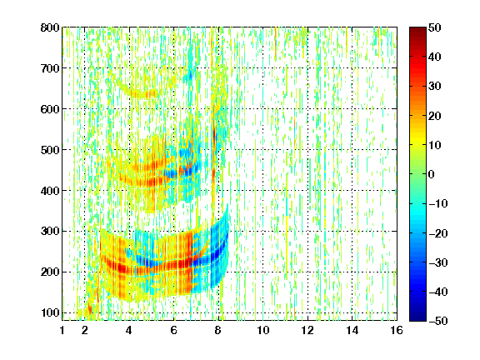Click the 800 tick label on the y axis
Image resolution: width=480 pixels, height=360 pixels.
50,27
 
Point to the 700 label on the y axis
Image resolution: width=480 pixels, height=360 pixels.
50,68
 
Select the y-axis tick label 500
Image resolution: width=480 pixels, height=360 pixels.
50,150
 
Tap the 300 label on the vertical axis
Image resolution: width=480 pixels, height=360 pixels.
50,232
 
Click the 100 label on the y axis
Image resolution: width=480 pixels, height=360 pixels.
50,312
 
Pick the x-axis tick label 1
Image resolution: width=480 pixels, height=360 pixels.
62,330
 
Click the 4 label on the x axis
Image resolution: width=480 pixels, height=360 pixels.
129,330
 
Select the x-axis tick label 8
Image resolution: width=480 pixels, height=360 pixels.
218,330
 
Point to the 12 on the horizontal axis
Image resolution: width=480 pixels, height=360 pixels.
307,330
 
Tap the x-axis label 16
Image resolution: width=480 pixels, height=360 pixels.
397,330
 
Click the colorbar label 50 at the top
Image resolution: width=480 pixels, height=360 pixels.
435,27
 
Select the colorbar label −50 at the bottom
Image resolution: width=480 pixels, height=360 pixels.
438,321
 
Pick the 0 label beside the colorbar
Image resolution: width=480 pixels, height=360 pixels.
432,174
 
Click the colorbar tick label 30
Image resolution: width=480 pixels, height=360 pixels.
435,87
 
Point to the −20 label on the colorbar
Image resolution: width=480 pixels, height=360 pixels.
438,233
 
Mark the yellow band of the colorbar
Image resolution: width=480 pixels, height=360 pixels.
417,140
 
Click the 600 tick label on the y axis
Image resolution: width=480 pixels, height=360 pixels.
50,109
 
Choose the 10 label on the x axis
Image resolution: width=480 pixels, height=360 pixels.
262,330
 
